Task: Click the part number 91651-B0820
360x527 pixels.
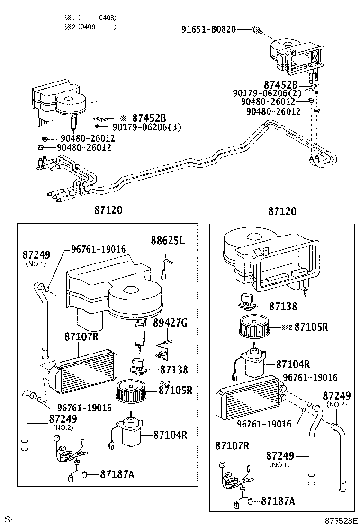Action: coord(208,29)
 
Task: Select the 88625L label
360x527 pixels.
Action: coord(168,240)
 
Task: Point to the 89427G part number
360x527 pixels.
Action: coord(170,323)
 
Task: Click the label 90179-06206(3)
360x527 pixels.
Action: coord(147,127)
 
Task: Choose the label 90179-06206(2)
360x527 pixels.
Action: coord(267,93)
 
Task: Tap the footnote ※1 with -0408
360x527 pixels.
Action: coord(90,18)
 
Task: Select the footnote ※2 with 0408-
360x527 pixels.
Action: coord(90,27)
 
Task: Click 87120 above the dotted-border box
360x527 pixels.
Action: coord(108,210)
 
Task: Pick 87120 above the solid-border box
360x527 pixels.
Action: coord(282,211)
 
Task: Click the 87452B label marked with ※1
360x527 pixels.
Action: coord(149,118)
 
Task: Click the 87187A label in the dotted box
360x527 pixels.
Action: coord(117,474)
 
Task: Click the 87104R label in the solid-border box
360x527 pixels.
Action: coord(293,364)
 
